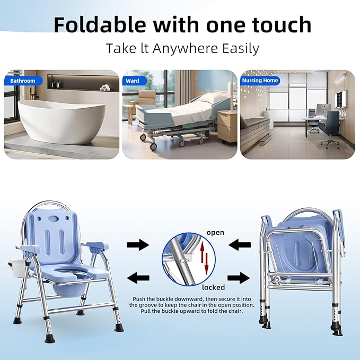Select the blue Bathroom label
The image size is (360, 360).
tap(22, 81)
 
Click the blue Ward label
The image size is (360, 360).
tap(133, 81)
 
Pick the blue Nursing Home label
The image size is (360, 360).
tap(260, 81)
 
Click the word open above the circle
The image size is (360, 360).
tap(215, 233)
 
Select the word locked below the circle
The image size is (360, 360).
tap(213, 287)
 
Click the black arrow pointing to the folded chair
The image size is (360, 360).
tap(238, 277)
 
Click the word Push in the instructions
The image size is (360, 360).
tap(139, 300)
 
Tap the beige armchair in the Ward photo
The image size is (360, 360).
tap(146, 99)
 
